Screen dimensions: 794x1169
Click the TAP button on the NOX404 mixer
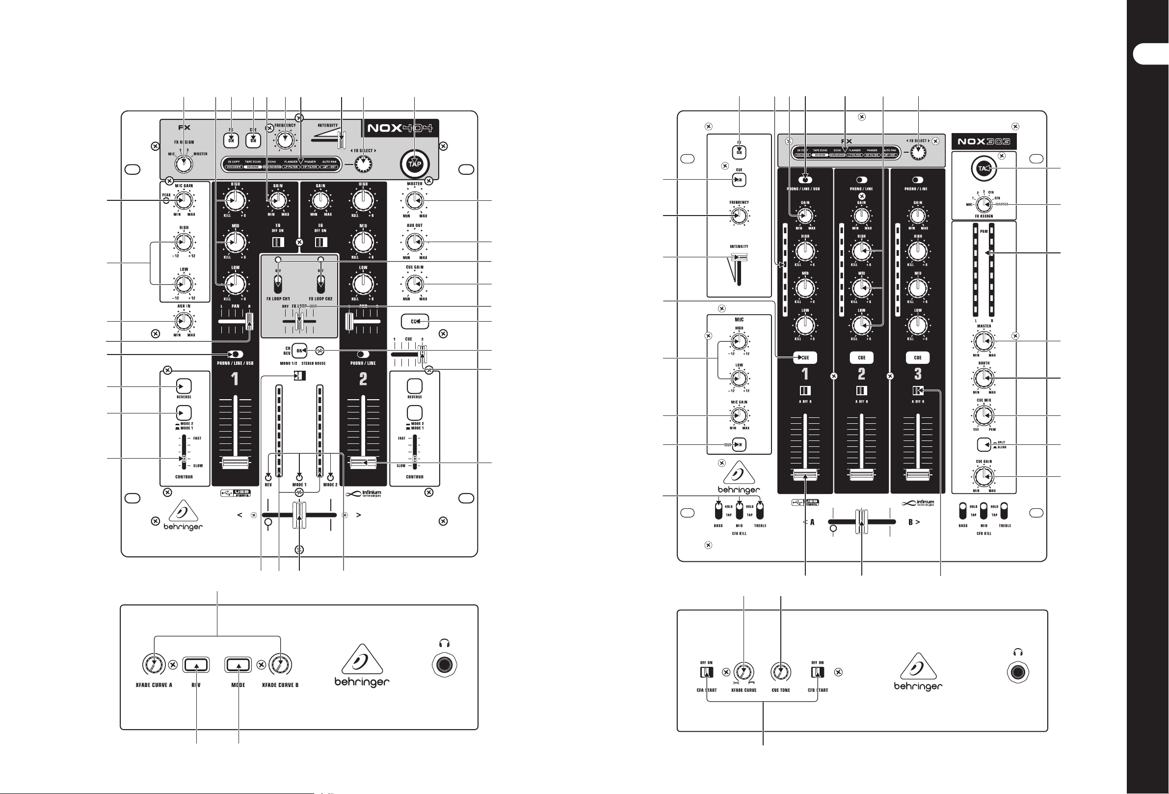(415, 164)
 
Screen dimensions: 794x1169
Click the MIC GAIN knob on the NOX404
(184, 201)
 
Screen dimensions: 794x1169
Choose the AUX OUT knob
(414, 243)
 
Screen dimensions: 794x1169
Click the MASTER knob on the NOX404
(414, 201)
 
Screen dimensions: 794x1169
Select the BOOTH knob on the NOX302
(983, 379)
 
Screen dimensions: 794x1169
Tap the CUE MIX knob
(983, 415)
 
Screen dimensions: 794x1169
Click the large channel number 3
(918, 374)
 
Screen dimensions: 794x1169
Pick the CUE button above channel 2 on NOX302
(862, 358)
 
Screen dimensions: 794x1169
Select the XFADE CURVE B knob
(280, 665)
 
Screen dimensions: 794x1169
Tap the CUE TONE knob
(781, 672)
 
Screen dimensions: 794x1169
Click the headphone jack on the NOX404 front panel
(444, 665)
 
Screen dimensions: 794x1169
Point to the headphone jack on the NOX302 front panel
(1019, 672)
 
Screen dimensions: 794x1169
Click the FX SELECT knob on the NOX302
(919, 153)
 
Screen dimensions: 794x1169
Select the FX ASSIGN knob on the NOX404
(184, 164)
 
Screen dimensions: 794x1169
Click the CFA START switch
(707, 672)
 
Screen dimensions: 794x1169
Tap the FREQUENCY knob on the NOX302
(739, 217)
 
